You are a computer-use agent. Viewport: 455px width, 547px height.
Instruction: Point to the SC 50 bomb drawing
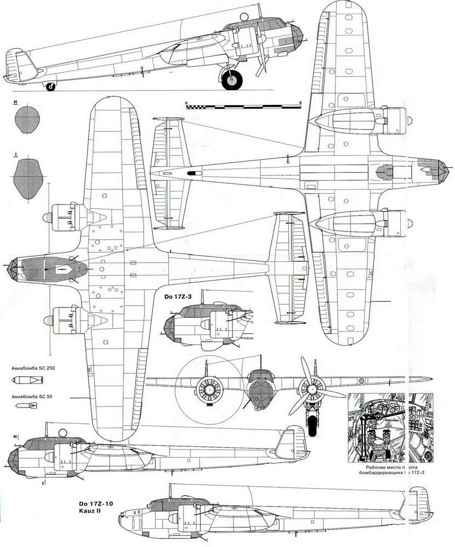pyautogui.click(x=26, y=405)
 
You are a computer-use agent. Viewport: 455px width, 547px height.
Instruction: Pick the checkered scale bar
pyautogui.click(x=243, y=107)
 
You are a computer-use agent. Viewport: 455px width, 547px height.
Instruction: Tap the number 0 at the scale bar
pyautogui.click(x=186, y=102)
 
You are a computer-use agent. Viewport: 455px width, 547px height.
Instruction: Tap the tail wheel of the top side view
pyautogui.click(x=51, y=86)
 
